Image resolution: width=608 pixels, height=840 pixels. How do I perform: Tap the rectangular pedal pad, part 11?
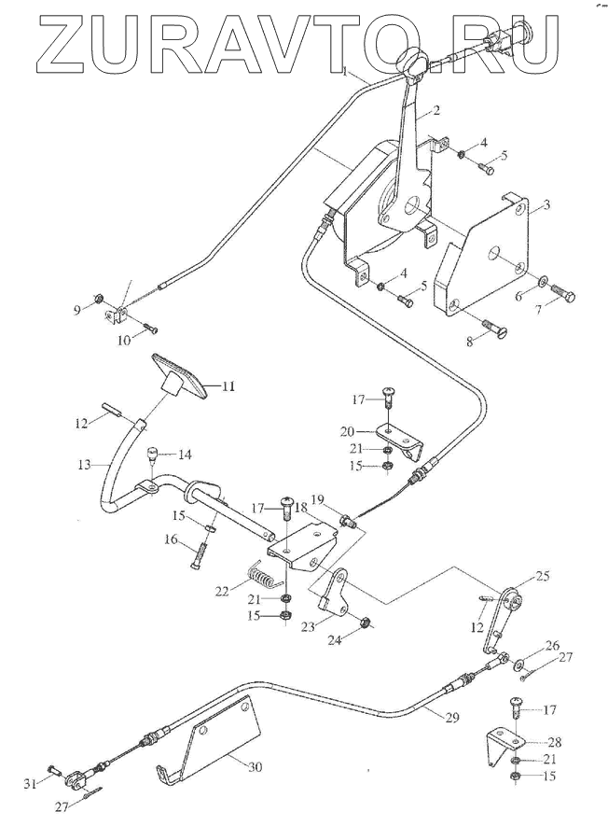(x=179, y=377)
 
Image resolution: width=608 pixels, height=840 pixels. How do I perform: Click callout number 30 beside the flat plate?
(x=255, y=768)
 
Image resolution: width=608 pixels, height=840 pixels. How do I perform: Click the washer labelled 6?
(x=542, y=280)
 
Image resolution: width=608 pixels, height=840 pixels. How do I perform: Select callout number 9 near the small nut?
(x=77, y=310)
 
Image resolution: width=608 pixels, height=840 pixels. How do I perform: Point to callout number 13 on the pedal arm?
(x=85, y=465)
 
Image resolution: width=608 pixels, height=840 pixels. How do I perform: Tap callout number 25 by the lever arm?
(x=543, y=577)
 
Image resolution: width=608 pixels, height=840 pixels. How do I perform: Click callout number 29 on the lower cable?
(x=452, y=718)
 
